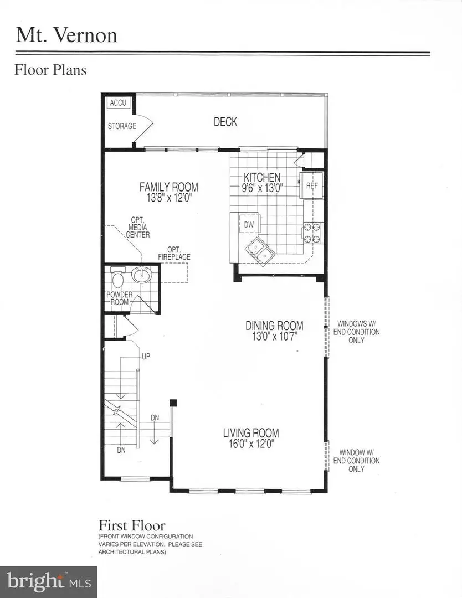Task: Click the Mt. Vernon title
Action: click(66, 35)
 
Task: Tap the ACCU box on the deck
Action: click(118, 103)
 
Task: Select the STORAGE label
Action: click(122, 126)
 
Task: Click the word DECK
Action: click(225, 122)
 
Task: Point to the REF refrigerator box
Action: click(312, 185)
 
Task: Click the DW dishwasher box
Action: click(249, 224)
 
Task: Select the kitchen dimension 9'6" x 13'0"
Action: click(263, 187)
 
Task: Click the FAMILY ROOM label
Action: click(168, 187)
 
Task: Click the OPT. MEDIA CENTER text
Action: click(137, 227)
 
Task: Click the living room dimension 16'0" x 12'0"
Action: click(251, 443)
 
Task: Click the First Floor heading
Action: click(132, 525)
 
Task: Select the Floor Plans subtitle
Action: click(50, 70)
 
